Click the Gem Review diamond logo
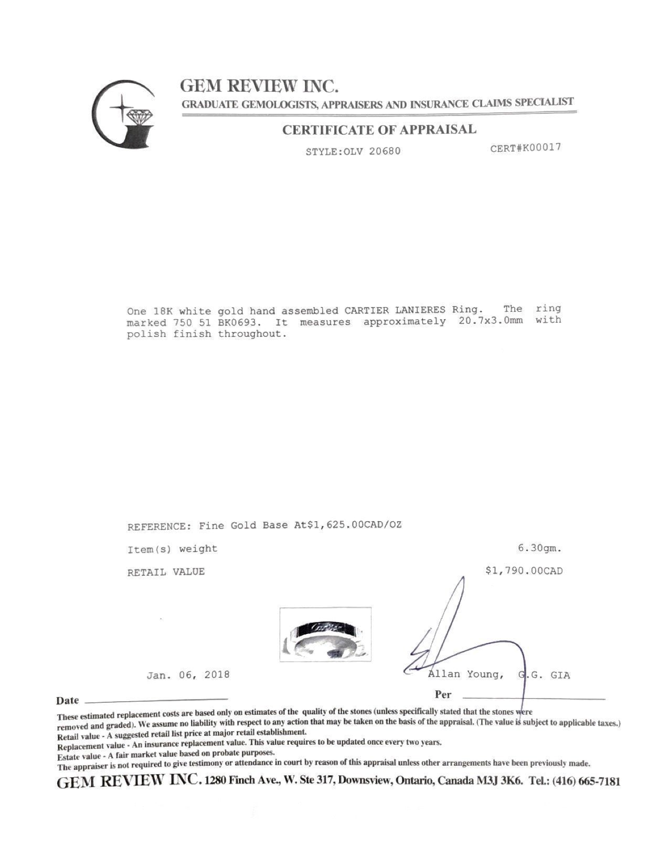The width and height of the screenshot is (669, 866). (x=124, y=113)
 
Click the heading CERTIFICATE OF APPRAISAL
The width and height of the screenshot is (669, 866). (x=379, y=130)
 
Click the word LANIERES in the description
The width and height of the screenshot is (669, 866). (x=420, y=310)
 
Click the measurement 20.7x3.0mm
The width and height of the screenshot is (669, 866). (x=490, y=321)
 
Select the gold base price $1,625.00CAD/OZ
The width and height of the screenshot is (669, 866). (x=348, y=525)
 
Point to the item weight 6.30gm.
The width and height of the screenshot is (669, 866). (x=539, y=548)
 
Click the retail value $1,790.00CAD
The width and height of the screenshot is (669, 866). (x=524, y=571)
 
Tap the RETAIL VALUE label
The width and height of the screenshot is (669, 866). (x=166, y=572)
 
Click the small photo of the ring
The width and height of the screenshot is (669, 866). (x=325, y=634)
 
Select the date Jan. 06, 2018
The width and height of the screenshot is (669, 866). (x=188, y=675)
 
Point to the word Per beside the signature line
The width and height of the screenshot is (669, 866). (x=443, y=695)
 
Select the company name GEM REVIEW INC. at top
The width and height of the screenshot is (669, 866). (x=259, y=85)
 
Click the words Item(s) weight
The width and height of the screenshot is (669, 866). (x=172, y=549)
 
